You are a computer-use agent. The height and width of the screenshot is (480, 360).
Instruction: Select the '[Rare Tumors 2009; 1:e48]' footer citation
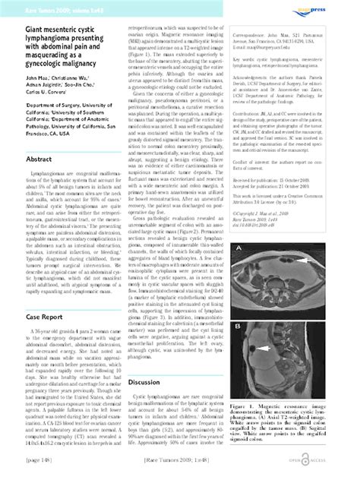pos(180,471)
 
